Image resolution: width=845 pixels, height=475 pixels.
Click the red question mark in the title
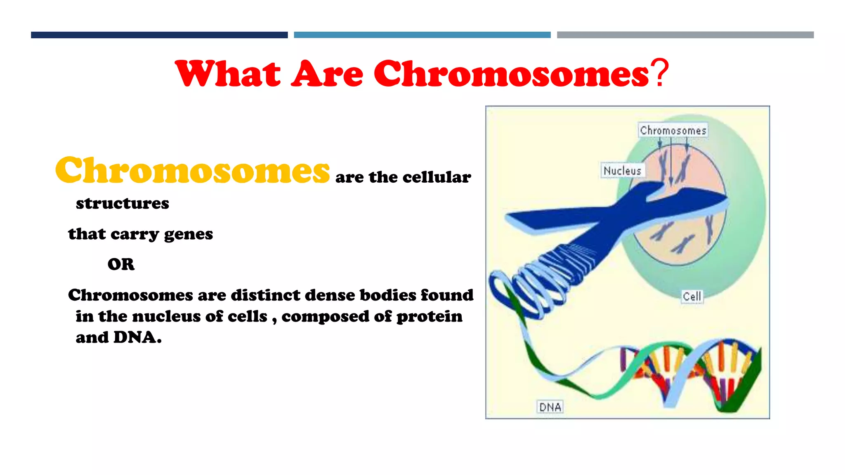(x=660, y=73)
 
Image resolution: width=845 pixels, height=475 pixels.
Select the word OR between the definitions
(x=121, y=264)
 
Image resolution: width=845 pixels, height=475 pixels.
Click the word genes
(x=189, y=234)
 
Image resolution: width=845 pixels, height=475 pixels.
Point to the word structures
(x=123, y=203)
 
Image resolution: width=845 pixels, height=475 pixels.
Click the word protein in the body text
(x=429, y=317)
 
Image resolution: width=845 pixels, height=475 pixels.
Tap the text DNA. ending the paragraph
(x=137, y=338)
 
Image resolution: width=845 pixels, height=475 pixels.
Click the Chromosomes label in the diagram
(x=673, y=130)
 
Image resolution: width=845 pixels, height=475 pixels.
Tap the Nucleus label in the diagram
(x=622, y=170)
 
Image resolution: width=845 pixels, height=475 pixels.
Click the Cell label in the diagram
(x=692, y=296)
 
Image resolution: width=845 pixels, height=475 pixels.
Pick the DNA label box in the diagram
(x=550, y=407)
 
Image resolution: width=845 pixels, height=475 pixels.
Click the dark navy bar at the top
(x=159, y=35)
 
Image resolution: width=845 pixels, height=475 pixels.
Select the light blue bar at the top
(x=422, y=35)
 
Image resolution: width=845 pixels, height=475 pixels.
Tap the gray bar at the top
(x=685, y=35)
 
